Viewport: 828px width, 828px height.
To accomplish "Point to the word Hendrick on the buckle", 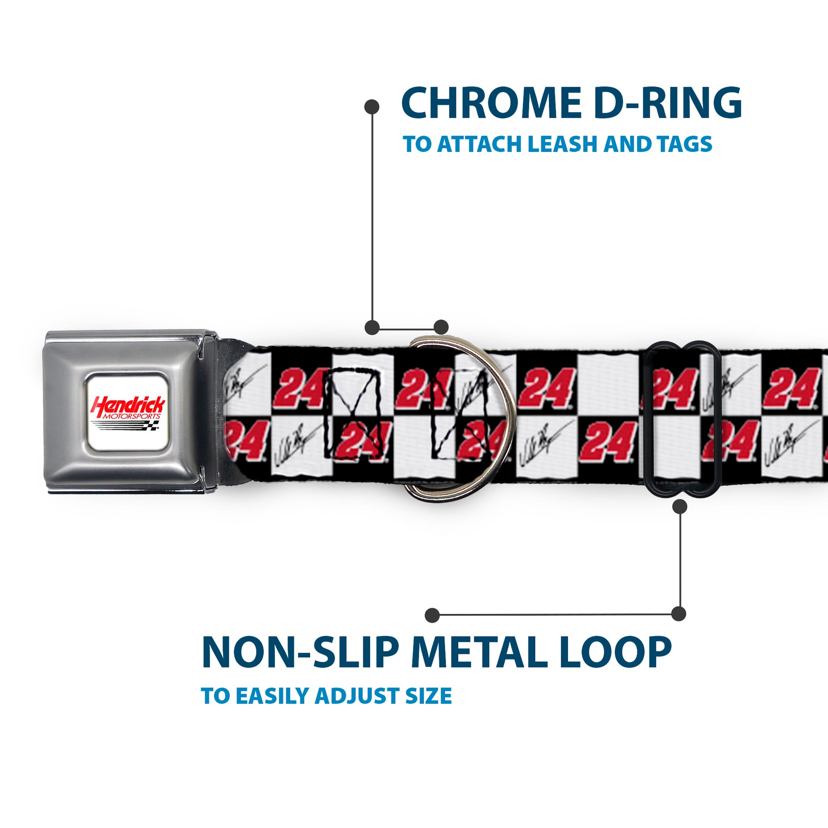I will point(127,405).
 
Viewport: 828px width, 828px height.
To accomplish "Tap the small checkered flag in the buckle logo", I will point(153,425).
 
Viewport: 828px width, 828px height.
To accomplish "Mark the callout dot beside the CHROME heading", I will point(371,107).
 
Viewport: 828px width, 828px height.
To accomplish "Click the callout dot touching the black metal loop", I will point(680,507).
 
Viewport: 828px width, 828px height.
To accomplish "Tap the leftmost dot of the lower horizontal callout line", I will point(432,615).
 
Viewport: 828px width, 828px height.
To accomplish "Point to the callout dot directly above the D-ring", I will point(441,327).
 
